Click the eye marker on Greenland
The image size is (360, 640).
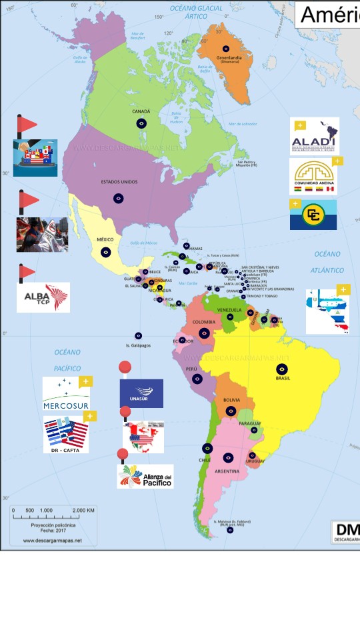click(x=226, y=49)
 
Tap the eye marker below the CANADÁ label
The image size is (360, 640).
click(x=141, y=123)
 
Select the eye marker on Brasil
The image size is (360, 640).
click(x=282, y=369)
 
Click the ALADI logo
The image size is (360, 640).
click(x=315, y=137)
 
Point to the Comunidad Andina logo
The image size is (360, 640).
click(x=313, y=177)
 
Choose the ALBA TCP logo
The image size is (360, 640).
click(x=43, y=297)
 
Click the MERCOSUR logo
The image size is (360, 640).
click(x=65, y=395)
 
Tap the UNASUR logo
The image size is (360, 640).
click(x=141, y=393)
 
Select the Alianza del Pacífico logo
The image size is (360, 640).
click(x=145, y=476)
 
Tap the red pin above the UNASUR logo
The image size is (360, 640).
click(x=125, y=367)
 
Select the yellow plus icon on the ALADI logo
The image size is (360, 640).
click(x=300, y=125)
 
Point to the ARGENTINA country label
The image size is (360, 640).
click(x=227, y=471)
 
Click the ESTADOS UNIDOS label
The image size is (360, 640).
click(x=119, y=181)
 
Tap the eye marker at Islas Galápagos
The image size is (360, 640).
click(x=138, y=336)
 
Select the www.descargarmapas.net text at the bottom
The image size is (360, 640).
click(x=52, y=540)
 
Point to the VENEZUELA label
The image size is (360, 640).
click(x=229, y=310)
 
